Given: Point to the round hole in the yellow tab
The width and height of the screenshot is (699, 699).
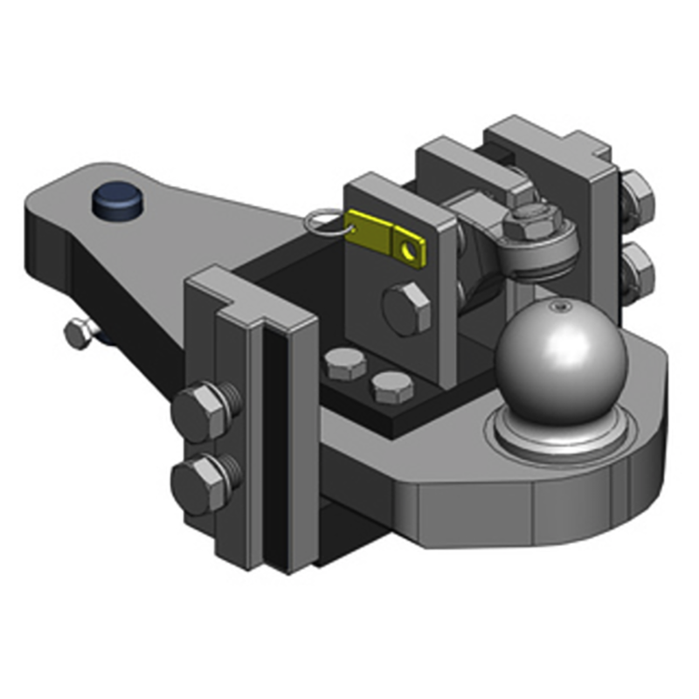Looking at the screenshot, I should [406, 252].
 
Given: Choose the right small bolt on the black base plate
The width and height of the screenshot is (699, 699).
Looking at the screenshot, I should [391, 387].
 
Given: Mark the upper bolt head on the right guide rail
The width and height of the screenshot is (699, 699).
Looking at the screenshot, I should [638, 196].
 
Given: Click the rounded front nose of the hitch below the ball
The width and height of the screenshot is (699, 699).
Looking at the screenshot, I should [559, 502].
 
